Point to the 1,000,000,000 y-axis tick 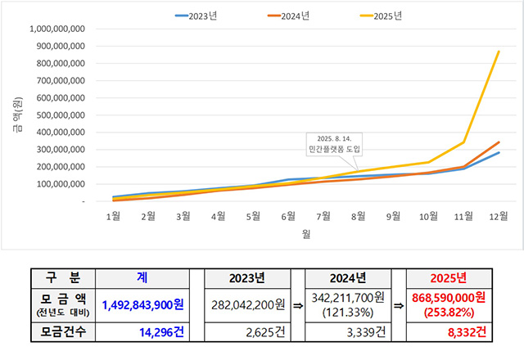(57, 29)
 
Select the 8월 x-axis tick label (359, 217)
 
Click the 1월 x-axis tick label (115, 217)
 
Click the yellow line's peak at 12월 (499, 52)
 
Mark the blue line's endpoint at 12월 (499, 152)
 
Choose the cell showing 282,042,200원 (246, 305)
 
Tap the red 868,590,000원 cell (446, 305)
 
